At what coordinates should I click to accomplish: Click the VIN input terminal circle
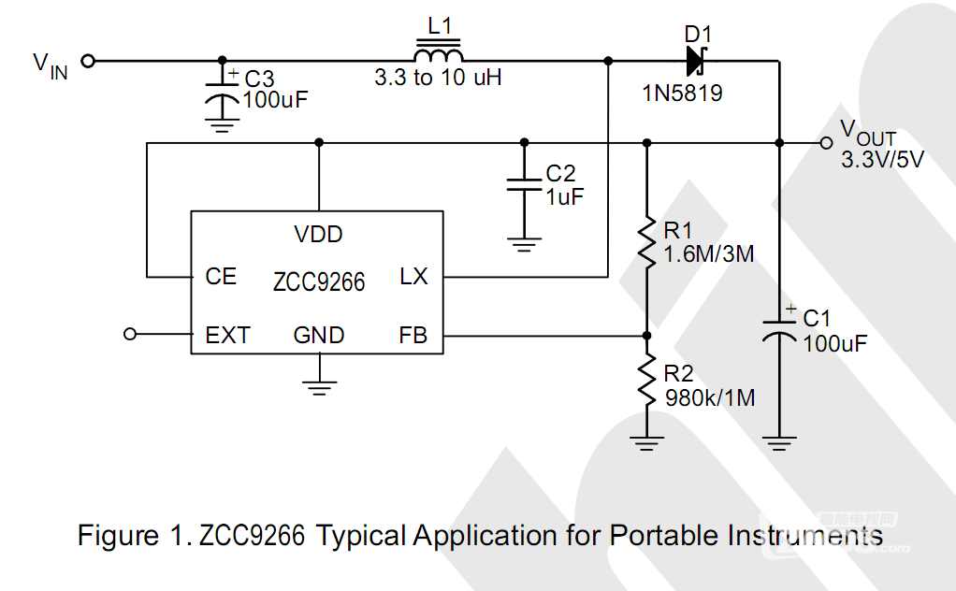click(x=89, y=61)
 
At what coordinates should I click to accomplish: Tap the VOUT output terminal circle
click(x=826, y=143)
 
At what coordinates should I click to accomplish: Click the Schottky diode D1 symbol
click(x=696, y=61)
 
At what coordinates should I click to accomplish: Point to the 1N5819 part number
click(x=682, y=94)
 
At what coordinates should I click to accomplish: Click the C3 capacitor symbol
click(x=222, y=96)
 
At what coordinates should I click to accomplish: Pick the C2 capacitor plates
click(x=524, y=184)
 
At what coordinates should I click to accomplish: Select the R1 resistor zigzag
click(x=647, y=241)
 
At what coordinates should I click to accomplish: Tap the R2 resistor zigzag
click(x=647, y=381)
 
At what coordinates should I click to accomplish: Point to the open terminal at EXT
click(x=130, y=334)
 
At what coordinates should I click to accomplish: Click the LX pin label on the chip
click(x=413, y=277)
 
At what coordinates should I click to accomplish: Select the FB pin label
click(x=413, y=335)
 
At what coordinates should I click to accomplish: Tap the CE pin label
click(x=221, y=277)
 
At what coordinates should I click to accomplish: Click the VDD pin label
click(x=318, y=234)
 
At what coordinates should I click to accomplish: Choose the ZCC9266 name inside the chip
click(x=319, y=282)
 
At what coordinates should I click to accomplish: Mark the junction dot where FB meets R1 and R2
click(x=647, y=336)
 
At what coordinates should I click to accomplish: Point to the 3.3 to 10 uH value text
click(x=438, y=78)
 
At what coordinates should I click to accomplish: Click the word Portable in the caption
click(x=664, y=536)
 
